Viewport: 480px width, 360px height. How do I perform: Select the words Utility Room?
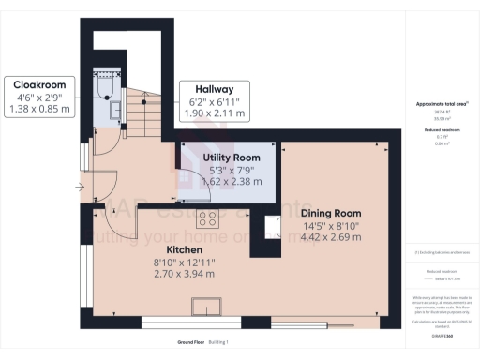click(x=232, y=156)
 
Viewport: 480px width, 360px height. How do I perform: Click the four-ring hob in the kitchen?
click(x=207, y=220)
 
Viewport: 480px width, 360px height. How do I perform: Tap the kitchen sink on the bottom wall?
click(x=206, y=307)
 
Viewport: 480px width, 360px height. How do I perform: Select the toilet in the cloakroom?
click(x=104, y=86)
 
